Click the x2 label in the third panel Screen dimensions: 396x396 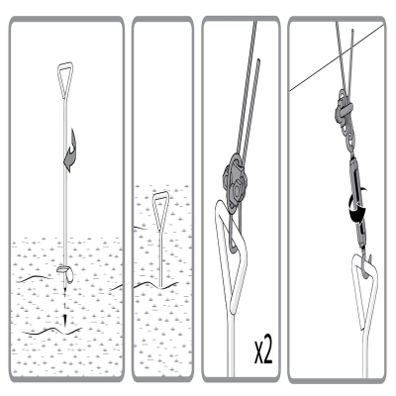[x=263, y=352]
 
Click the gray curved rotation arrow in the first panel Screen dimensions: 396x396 [x=70, y=150]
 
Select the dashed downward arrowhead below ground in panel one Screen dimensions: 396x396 [x=65, y=319]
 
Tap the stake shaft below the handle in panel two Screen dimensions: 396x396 [x=160, y=257]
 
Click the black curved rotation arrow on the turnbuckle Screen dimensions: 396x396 [x=357, y=208]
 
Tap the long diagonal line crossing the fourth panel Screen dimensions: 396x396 [x=337, y=56]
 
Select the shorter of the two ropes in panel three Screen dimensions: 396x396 [x=249, y=107]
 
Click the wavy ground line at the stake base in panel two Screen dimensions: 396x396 [x=155, y=284]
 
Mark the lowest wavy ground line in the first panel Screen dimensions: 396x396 [x=52, y=331]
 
